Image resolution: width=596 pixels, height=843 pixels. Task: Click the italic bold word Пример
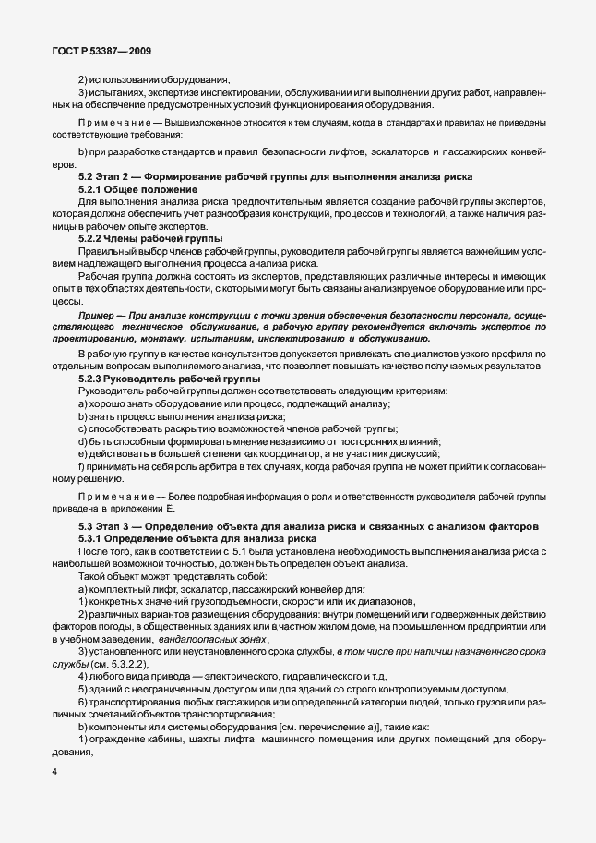[100, 315]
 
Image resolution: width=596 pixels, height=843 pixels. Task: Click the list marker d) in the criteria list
[83, 441]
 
